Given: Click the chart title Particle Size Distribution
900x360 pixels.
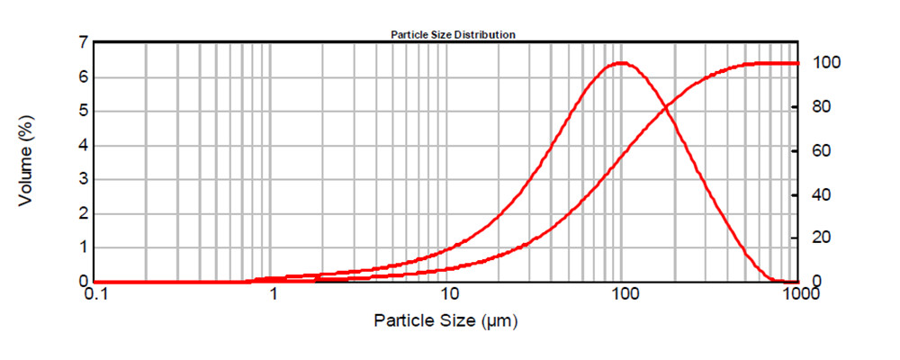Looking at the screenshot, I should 452,34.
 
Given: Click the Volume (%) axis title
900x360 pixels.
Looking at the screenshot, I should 26,162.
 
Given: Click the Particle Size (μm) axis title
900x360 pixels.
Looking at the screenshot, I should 447,320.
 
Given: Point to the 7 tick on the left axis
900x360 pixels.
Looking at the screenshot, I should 83,42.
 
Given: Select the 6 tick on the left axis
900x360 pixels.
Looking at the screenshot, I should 83,77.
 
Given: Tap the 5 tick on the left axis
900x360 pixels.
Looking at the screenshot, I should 83,112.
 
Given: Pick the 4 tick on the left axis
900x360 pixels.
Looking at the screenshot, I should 83,145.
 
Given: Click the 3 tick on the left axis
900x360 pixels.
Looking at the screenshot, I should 83,179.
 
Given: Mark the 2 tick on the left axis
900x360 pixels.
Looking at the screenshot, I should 83,213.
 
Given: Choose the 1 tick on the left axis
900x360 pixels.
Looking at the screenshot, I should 83,247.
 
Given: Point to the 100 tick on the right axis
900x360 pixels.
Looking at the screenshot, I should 825,63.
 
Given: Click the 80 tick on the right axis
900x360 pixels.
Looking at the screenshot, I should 821,107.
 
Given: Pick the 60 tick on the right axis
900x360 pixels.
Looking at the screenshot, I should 821,150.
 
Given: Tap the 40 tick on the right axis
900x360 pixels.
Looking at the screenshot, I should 821,194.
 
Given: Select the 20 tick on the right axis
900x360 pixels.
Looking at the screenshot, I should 821,238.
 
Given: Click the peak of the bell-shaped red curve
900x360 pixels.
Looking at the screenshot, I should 622,63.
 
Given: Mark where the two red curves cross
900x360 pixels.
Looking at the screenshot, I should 665,107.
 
